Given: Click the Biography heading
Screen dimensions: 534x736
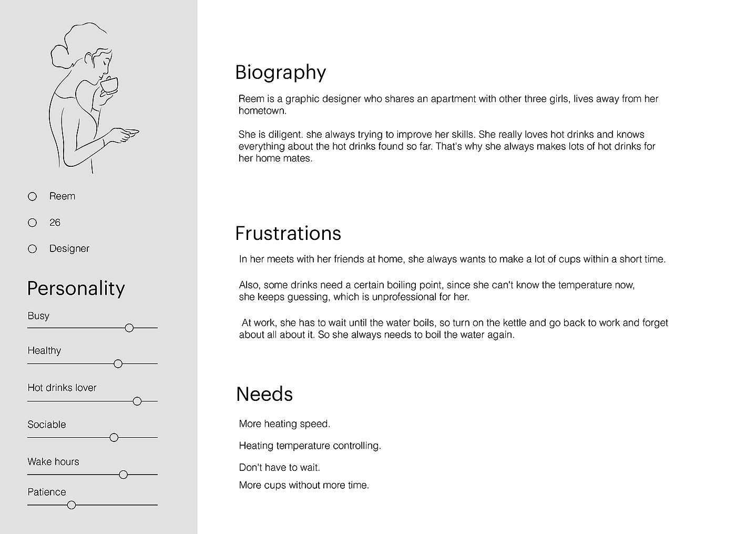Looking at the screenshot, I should pyautogui.click(x=280, y=73).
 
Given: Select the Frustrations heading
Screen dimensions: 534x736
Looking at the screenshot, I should pyautogui.click(x=288, y=234).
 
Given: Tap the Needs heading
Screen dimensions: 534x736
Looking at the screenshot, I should pyautogui.click(x=264, y=394).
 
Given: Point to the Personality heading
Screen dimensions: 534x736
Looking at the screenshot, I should pyautogui.click(x=76, y=288).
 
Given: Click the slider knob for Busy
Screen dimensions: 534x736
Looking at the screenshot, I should pyautogui.click(x=129, y=328).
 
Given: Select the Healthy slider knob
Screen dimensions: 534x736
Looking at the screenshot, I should pyautogui.click(x=118, y=364).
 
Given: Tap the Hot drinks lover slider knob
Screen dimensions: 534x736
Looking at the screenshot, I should pyautogui.click(x=137, y=401).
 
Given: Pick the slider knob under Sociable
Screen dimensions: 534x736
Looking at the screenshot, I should pyautogui.click(x=114, y=437).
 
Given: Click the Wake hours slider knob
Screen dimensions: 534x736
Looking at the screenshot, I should pyautogui.click(x=124, y=475).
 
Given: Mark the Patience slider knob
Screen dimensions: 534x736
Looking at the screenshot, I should pyautogui.click(x=71, y=505).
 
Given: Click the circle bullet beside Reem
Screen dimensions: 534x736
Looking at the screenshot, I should pyautogui.click(x=33, y=196).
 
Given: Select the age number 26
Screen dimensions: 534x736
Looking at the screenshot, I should pyautogui.click(x=55, y=223).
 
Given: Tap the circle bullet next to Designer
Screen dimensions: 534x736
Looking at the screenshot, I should pyautogui.click(x=33, y=249).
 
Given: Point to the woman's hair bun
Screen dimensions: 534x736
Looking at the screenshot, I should pyautogui.click(x=58, y=55).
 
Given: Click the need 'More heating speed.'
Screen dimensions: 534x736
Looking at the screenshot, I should pyautogui.click(x=284, y=424).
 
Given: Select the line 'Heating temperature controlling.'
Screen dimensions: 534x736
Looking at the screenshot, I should pyautogui.click(x=310, y=446).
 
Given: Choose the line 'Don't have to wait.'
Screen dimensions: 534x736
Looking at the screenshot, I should pyautogui.click(x=279, y=467).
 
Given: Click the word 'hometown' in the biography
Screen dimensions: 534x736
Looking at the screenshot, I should pyautogui.click(x=261, y=110).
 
